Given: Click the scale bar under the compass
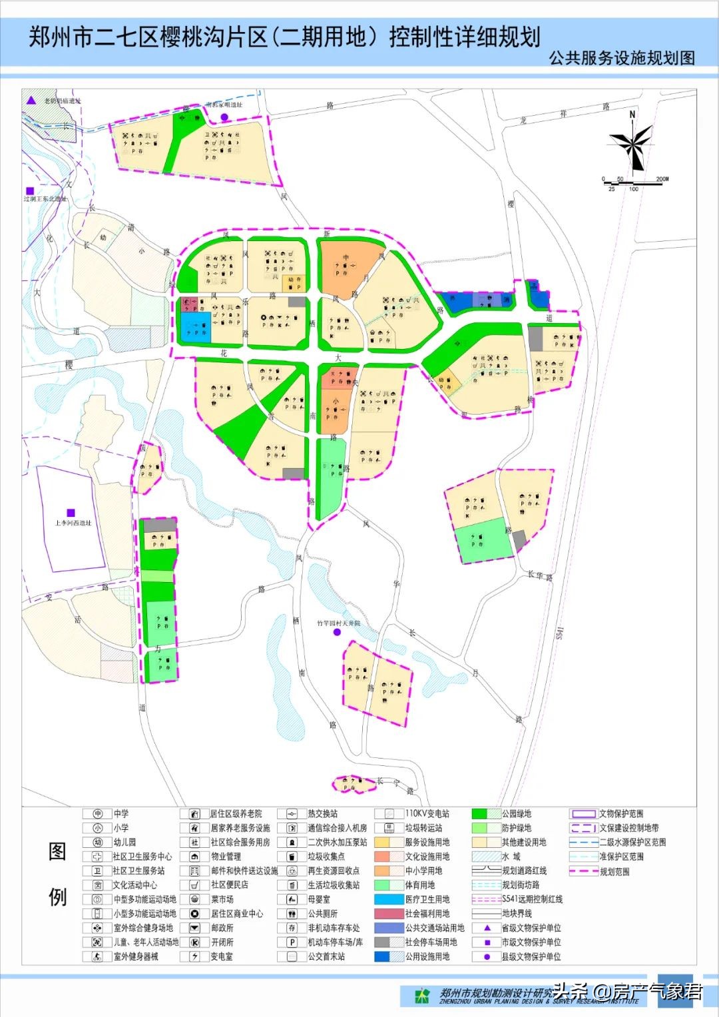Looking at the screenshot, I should (x=632, y=182).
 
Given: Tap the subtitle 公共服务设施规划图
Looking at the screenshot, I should (x=622, y=58).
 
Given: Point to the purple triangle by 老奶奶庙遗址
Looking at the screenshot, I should (x=31, y=101).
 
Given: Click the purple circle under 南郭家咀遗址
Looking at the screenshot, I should (x=224, y=117).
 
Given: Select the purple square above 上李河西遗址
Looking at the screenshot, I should (x=71, y=513).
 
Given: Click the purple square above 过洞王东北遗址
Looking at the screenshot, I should (x=30, y=190).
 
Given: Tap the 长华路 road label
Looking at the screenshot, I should (x=540, y=575).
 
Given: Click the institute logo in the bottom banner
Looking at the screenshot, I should (x=422, y=996).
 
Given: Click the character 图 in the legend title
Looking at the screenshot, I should (x=57, y=852).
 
